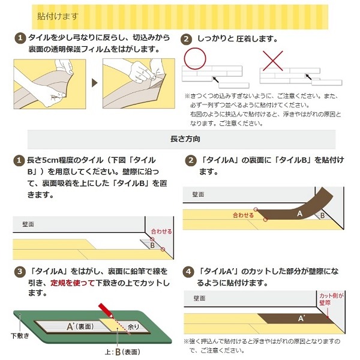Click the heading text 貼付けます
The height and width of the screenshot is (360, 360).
58,16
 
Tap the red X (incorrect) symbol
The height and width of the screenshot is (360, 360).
273,61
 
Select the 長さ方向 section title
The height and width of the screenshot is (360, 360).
185,139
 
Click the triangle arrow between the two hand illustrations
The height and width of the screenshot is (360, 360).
94,83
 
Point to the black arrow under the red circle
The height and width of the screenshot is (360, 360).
215,80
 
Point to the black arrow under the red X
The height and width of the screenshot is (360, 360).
308,77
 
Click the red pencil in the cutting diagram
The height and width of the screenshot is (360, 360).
106,311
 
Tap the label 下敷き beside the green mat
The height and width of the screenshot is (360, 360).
20,335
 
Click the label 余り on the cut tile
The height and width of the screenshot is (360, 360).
133,327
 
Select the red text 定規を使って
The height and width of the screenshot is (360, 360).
73,283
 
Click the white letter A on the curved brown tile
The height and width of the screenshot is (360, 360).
299,214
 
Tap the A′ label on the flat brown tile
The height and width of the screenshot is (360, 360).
301,318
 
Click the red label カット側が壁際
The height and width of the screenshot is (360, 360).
331,299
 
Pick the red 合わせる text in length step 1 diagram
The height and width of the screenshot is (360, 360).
161,232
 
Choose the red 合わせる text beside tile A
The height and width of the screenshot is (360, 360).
243,215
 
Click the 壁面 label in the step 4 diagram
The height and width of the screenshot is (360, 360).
199,298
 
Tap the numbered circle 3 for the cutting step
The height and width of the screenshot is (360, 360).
20,272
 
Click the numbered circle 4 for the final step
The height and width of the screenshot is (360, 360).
188,272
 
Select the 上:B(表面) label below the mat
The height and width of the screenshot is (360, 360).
122,352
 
